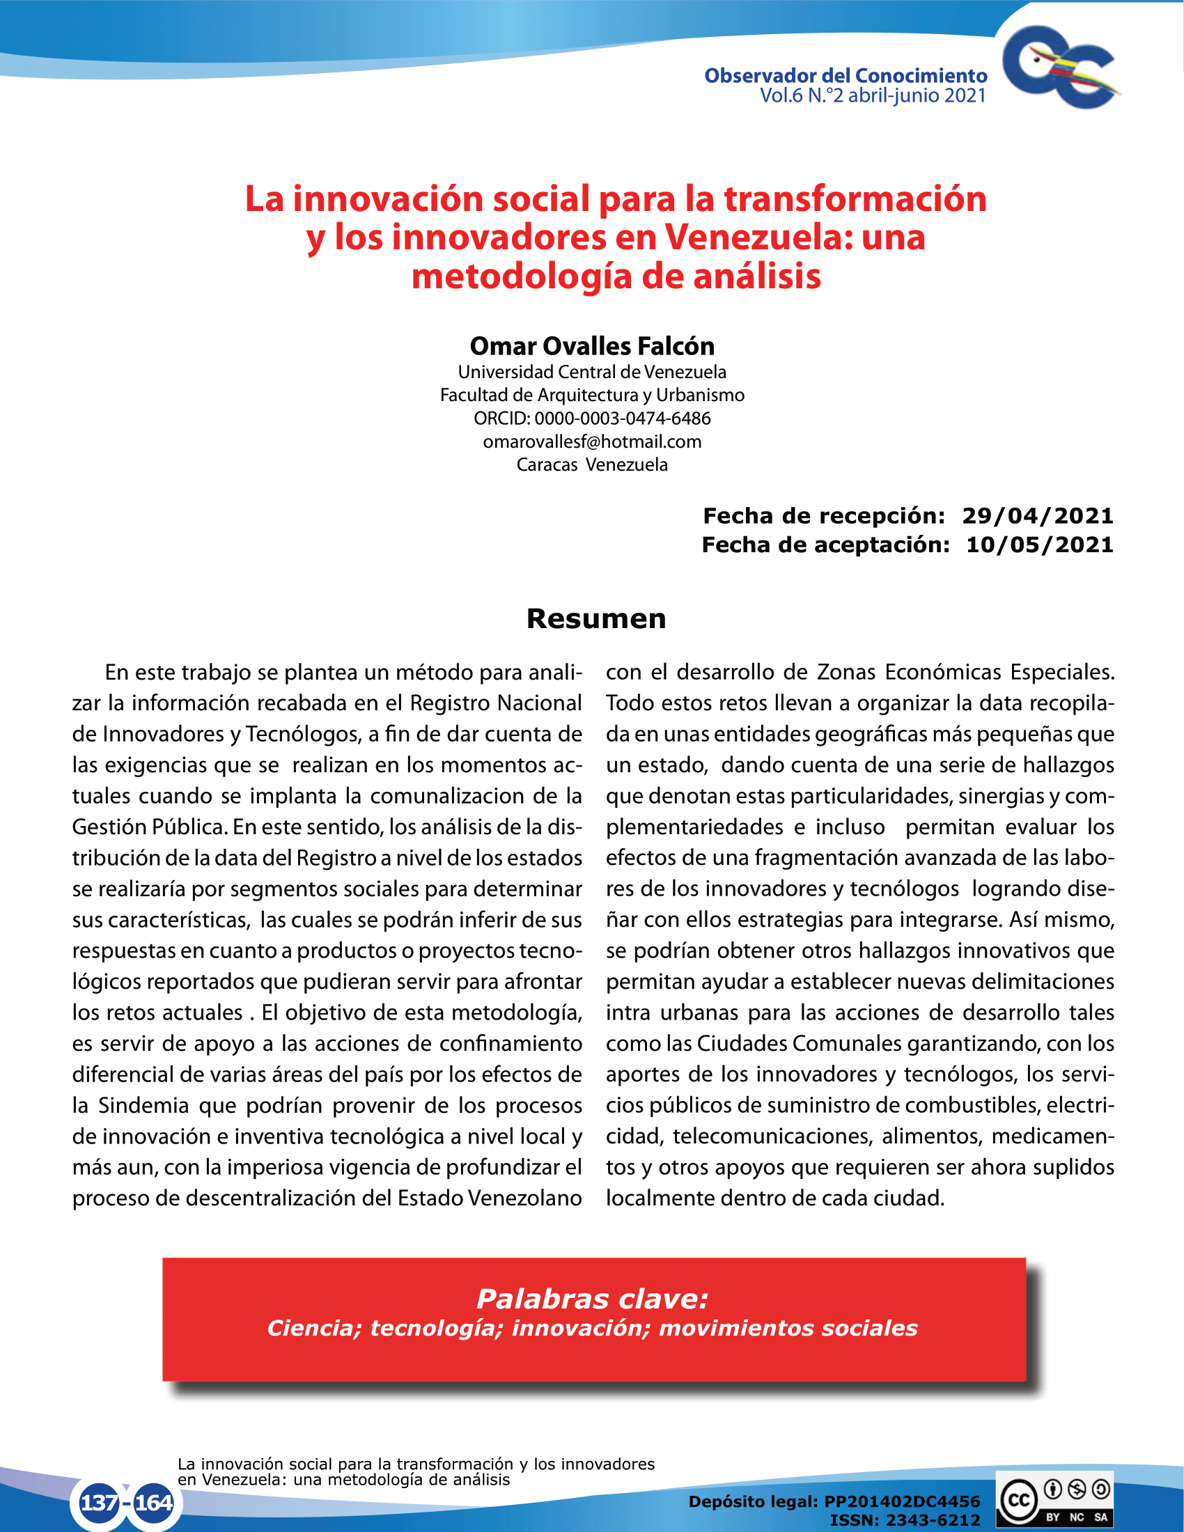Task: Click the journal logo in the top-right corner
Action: click(x=1060, y=68)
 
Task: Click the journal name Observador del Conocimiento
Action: click(x=846, y=76)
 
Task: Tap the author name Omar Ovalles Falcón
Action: click(x=592, y=346)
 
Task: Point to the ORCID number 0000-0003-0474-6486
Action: click(x=622, y=419)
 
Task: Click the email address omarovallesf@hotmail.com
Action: click(x=592, y=442)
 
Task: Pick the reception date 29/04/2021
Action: click(x=1038, y=516)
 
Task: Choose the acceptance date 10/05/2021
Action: click(x=1040, y=545)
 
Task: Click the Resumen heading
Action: click(x=596, y=618)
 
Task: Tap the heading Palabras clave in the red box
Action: click(x=592, y=1299)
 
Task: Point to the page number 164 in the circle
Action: click(x=154, y=1503)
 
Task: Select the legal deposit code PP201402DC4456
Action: click(x=901, y=1501)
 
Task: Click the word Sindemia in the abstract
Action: click(x=143, y=1106)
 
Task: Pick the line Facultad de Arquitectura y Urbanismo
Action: click(x=592, y=396)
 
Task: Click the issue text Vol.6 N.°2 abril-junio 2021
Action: click(x=873, y=96)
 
